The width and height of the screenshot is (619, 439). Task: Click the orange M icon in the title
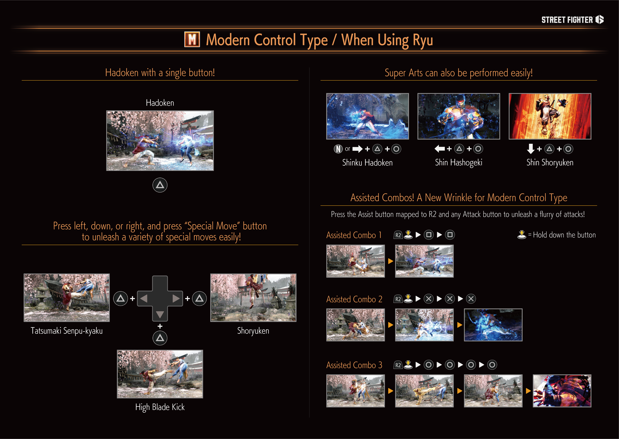point(192,39)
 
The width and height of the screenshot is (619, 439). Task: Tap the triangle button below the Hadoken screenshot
point(160,185)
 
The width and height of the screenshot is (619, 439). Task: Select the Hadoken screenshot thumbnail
point(160,141)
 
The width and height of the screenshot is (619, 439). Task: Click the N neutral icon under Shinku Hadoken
point(338,149)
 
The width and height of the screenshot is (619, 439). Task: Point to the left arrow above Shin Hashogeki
point(439,149)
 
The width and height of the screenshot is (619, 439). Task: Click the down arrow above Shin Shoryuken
point(531,149)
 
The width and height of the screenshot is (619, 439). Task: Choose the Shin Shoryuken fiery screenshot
point(550,116)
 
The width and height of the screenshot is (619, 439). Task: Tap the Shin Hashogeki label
point(459,163)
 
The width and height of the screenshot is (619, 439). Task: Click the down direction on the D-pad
point(160,314)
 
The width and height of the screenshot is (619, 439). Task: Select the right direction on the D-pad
point(176,298)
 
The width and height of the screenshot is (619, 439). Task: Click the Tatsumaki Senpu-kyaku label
point(67,331)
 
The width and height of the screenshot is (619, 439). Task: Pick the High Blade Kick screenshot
point(160,374)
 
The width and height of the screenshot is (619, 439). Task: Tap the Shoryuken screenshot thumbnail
point(253,298)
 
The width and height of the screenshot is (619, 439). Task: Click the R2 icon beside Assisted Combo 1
point(398,235)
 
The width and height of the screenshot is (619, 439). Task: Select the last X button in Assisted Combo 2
point(471,299)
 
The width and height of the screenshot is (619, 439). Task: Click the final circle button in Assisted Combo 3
point(492,365)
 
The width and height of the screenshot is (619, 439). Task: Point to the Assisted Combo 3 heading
point(354,365)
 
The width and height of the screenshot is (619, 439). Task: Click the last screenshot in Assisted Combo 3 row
point(562,391)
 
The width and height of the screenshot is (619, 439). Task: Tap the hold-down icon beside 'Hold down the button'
point(522,235)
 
